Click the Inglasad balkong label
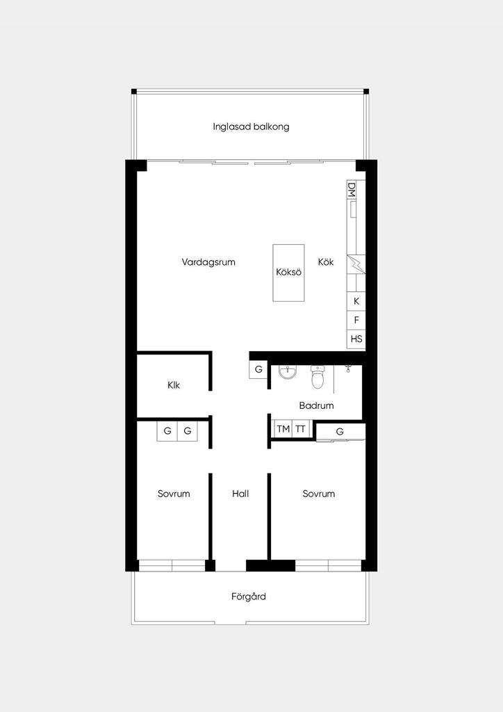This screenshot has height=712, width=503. coord(251,127)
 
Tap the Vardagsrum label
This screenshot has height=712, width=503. coord(208,262)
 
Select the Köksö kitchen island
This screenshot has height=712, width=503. coord(288,273)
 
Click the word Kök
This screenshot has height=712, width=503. coord(326,262)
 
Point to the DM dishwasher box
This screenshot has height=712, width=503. coord(352,190)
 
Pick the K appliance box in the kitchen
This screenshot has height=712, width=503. coord(356,301)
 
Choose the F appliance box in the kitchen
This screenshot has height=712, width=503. coord(356,320)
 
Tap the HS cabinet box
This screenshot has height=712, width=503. coord(356,339)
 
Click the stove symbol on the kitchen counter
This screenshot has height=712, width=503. coord(356,264)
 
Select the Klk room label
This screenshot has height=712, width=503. coord(173,385)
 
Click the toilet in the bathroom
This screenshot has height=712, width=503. coord(318,378)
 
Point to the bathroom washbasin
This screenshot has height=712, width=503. coord(288,373)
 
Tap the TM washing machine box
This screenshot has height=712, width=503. coord(283,428)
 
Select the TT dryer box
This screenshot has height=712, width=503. coord(300,428)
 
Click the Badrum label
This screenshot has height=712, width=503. coord(316,405)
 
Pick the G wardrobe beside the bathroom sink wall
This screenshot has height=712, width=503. coord(258,370)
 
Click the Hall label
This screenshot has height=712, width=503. coord(240,494)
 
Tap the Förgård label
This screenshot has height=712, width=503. coord(249,597)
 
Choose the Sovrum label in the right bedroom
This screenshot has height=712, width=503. coord(318,494)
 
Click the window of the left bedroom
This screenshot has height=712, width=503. coord(172,565)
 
